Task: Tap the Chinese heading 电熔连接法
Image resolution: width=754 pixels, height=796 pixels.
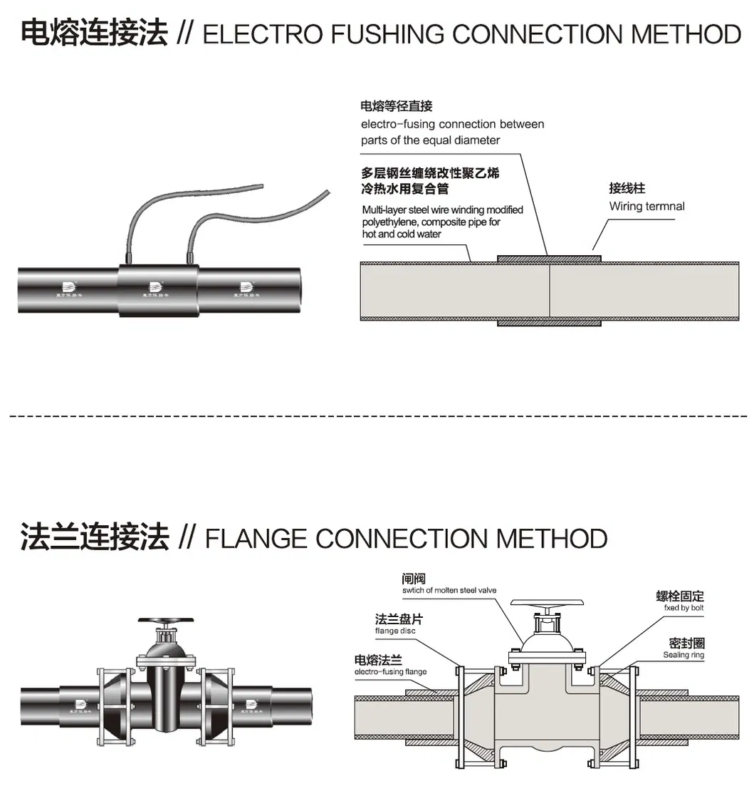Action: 94,33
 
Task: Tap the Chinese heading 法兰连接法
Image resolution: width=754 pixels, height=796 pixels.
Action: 94,537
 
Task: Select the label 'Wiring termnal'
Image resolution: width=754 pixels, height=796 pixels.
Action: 646,207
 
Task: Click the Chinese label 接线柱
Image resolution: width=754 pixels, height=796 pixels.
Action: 627,189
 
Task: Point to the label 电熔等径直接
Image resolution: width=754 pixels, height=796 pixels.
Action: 397,107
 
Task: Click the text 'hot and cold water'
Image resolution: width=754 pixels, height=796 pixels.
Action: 402,234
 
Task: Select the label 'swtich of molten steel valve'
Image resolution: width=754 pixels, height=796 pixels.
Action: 449,591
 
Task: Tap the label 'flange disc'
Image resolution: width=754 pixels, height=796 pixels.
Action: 395,631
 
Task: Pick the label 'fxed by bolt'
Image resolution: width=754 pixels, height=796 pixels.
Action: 679,609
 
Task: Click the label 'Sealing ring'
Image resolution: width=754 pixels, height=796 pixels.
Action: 684,655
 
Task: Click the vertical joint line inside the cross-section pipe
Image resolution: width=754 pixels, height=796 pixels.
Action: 549,292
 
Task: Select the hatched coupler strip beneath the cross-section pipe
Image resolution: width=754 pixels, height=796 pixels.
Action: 549,323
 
